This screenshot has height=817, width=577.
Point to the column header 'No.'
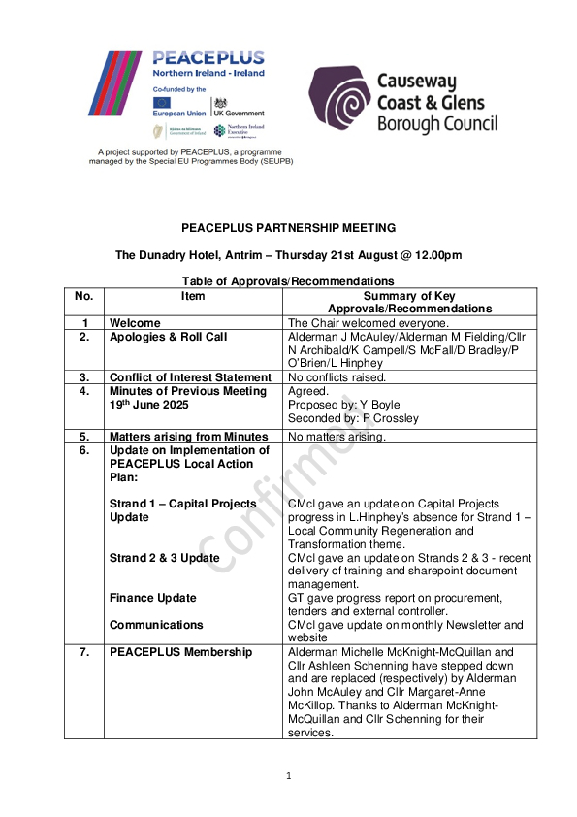[83, 296]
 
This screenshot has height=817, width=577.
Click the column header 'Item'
[194, 296]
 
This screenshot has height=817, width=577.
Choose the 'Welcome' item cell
[135, 323]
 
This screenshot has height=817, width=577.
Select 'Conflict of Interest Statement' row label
[190, 377]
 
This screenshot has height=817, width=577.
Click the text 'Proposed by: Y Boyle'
[344, 405]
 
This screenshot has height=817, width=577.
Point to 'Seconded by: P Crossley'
[352, 418]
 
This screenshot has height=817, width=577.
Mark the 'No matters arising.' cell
[337, 437]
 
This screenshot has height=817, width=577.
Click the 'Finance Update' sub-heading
[153, 598]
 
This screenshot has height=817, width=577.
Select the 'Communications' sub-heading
[156, 625]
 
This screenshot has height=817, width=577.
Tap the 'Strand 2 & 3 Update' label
[165, 558]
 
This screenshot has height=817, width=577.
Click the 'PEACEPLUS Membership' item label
[180, 652]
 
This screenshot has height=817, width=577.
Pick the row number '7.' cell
[84, 652]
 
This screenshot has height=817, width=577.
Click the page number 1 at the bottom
[289, 775]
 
